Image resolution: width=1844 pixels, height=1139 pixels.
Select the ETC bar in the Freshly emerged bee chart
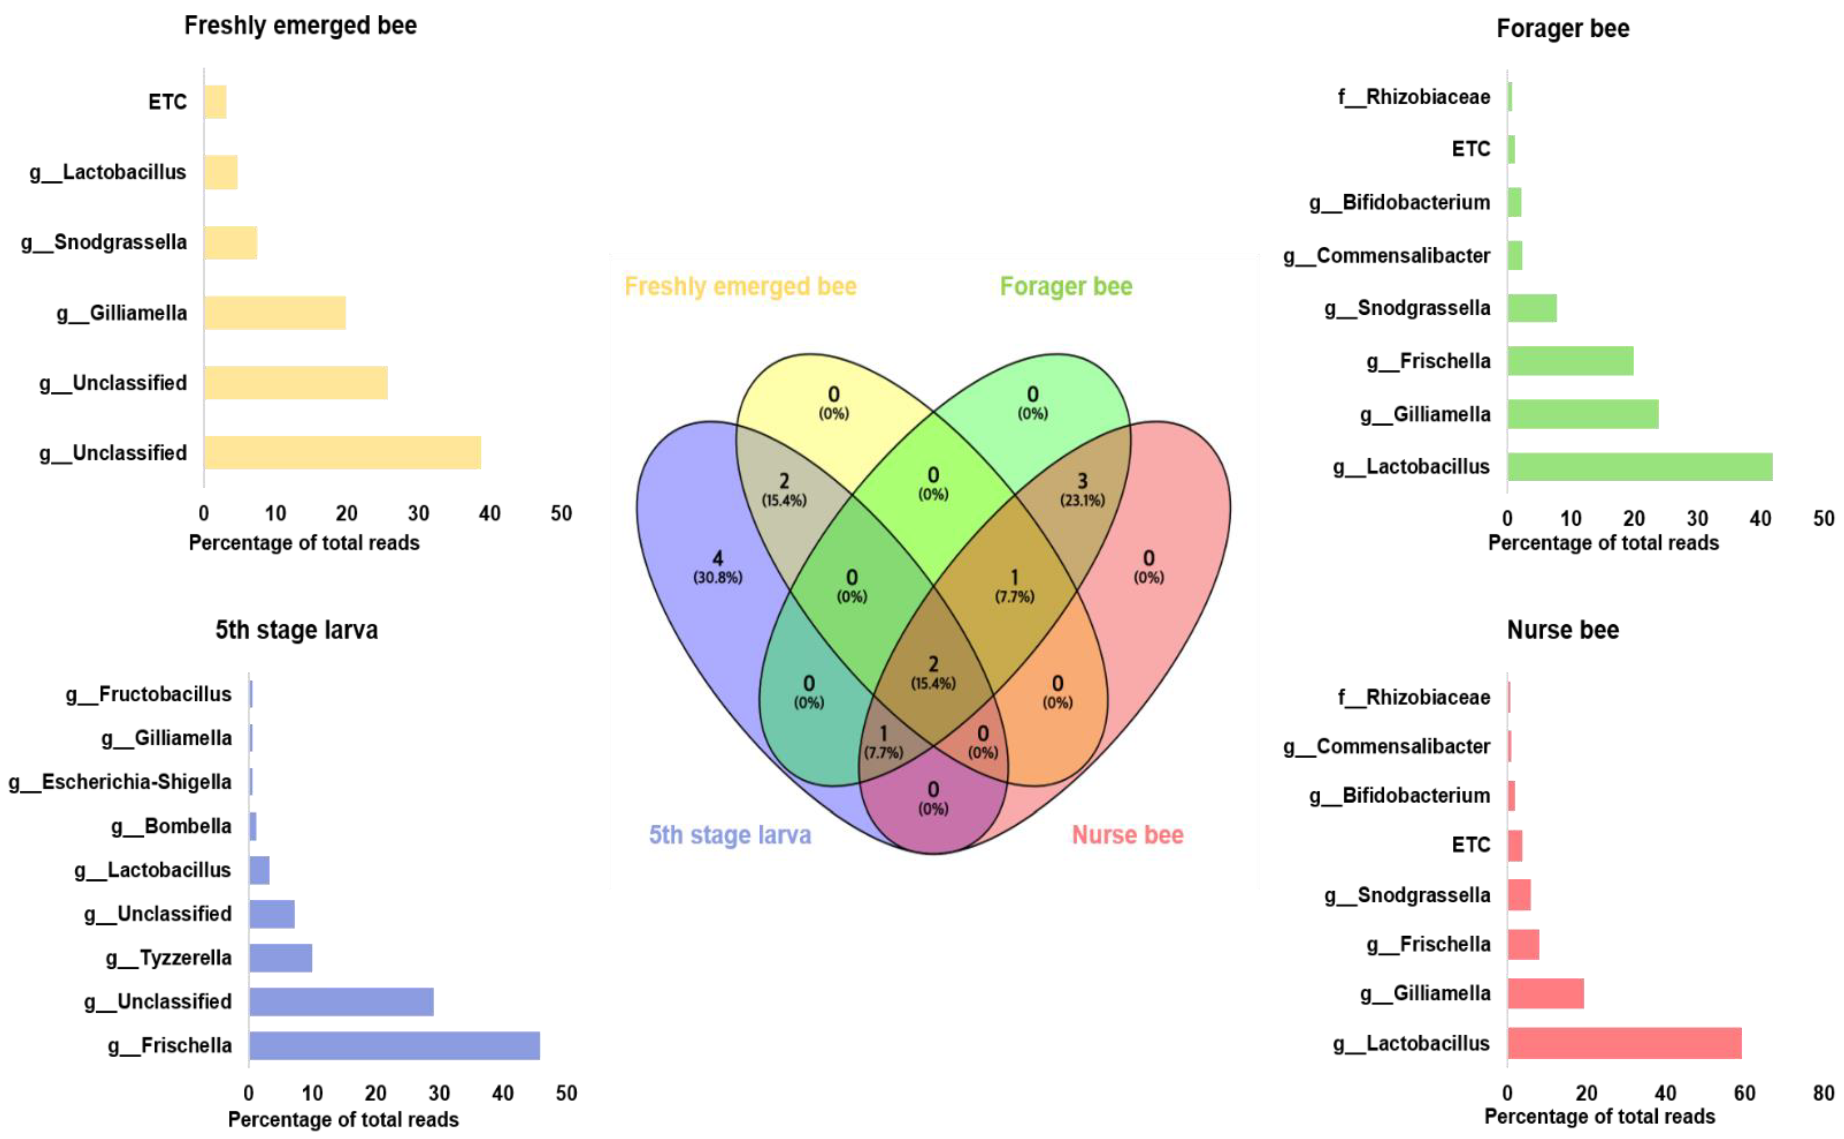click(215, 102)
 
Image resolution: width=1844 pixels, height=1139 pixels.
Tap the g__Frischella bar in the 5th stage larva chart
click(394, 1046)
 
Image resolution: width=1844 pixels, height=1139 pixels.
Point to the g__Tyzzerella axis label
click(169, 957)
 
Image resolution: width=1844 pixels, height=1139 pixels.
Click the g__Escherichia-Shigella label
click(120, 782)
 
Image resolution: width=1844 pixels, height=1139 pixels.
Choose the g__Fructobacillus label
click(148, 694)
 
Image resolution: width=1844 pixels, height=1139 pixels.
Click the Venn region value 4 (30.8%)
click(717, 566)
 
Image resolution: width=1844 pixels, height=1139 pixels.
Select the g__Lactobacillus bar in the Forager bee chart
click(1640, 467)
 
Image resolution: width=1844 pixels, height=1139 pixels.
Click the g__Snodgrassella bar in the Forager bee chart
click(1532, 308)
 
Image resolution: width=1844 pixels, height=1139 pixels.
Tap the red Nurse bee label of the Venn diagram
click(1127, 835)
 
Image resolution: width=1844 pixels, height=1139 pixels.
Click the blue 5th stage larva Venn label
click(729, 835)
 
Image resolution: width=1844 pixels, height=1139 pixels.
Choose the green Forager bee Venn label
click(1066, 286)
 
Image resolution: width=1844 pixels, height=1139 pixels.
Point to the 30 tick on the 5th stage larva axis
click(439, 1093)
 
